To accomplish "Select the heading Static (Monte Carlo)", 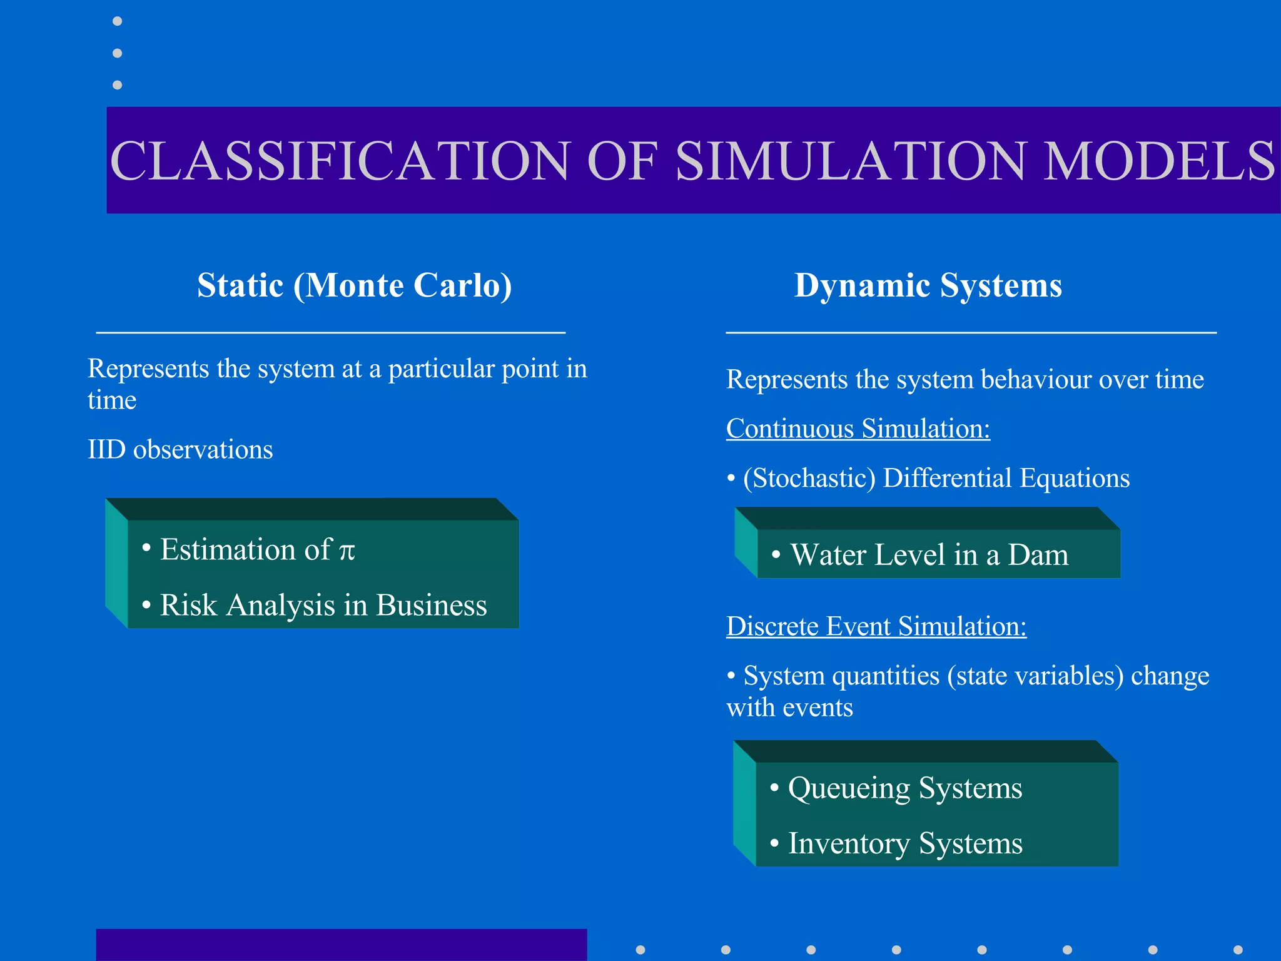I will (x=355, y=285).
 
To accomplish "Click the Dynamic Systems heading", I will (x=928, y=285).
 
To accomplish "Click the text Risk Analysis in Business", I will (x=323, y=606).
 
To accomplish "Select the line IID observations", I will (x=180, y=450).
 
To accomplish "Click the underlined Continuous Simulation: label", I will (x=858, y=429).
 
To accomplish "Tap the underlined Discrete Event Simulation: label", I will (x=876, y=627).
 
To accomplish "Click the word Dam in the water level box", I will (x=1038, y=555).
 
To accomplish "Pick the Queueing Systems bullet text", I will (x=904, y=788).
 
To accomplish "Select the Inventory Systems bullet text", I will (x=904, y=843).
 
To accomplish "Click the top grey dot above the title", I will (x=117, y=21).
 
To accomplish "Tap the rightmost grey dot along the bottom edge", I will (x=1238, y=950).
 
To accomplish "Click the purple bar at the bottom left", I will (x=341, y=945).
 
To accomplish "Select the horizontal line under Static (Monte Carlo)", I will (x=330, y=333).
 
